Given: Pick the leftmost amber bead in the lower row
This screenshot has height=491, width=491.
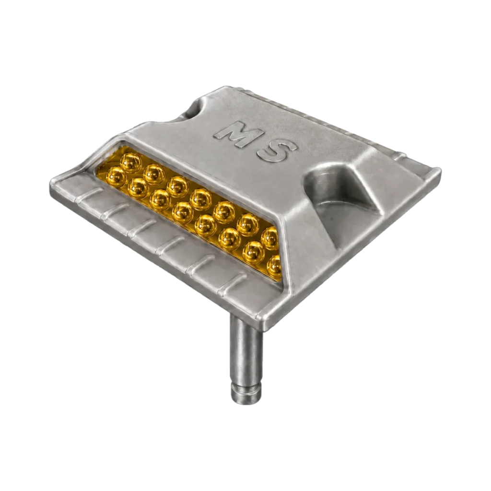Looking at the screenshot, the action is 117,177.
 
